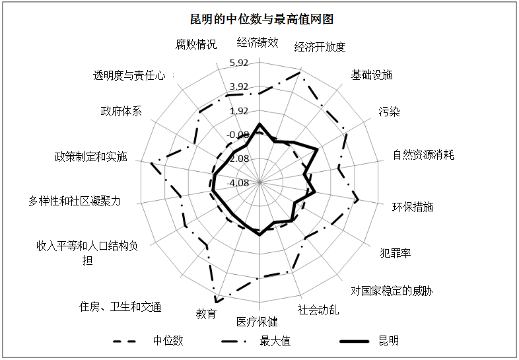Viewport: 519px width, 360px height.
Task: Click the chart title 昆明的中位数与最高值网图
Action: [261, 19]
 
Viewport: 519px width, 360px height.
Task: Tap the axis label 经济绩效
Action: [257, 43]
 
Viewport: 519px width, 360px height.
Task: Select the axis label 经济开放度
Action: [320, 47]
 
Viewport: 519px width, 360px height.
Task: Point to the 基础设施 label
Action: [371, 75]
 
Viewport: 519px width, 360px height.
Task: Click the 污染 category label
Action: [390, 112]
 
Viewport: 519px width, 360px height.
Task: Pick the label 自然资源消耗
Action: [423, 155]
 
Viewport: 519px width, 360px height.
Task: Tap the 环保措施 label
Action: [413, 207]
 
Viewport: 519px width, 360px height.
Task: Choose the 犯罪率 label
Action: [396, 254]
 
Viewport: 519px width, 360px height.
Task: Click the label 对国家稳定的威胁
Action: [392, 291]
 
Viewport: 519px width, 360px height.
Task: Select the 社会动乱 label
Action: [318, 310]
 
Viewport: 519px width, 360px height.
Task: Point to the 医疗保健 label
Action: [257, 322]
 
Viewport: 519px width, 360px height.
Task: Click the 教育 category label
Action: [206, 313]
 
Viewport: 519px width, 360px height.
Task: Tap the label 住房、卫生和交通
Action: [120, 306]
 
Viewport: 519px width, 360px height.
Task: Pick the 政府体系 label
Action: [121, 111]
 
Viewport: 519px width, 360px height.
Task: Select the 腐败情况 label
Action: [196, 44]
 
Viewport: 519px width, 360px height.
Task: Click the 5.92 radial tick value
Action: [238, 63]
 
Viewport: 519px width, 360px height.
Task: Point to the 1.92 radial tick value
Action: [238, 110]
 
